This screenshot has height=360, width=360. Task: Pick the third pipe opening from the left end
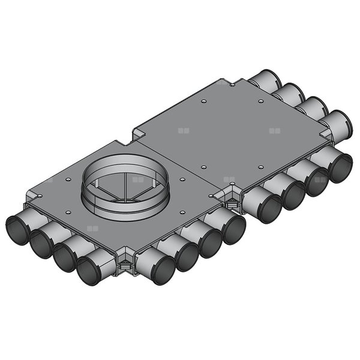pyautogui.click(x=64, y=259)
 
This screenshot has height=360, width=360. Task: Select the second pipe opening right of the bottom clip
pyautogui.click(x=187, y=256)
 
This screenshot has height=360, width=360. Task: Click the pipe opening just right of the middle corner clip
pyautogui.click(x=269, y=208)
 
